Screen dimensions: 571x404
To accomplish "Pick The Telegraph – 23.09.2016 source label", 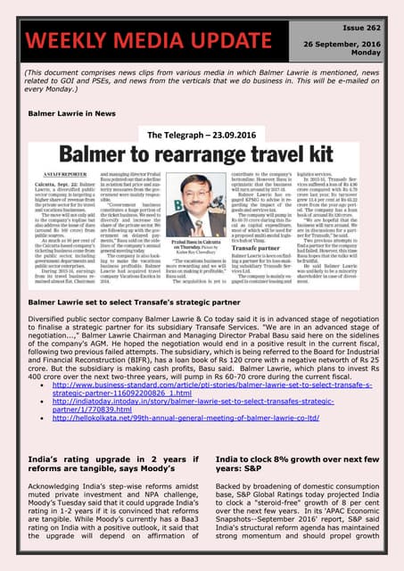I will [200, 135].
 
